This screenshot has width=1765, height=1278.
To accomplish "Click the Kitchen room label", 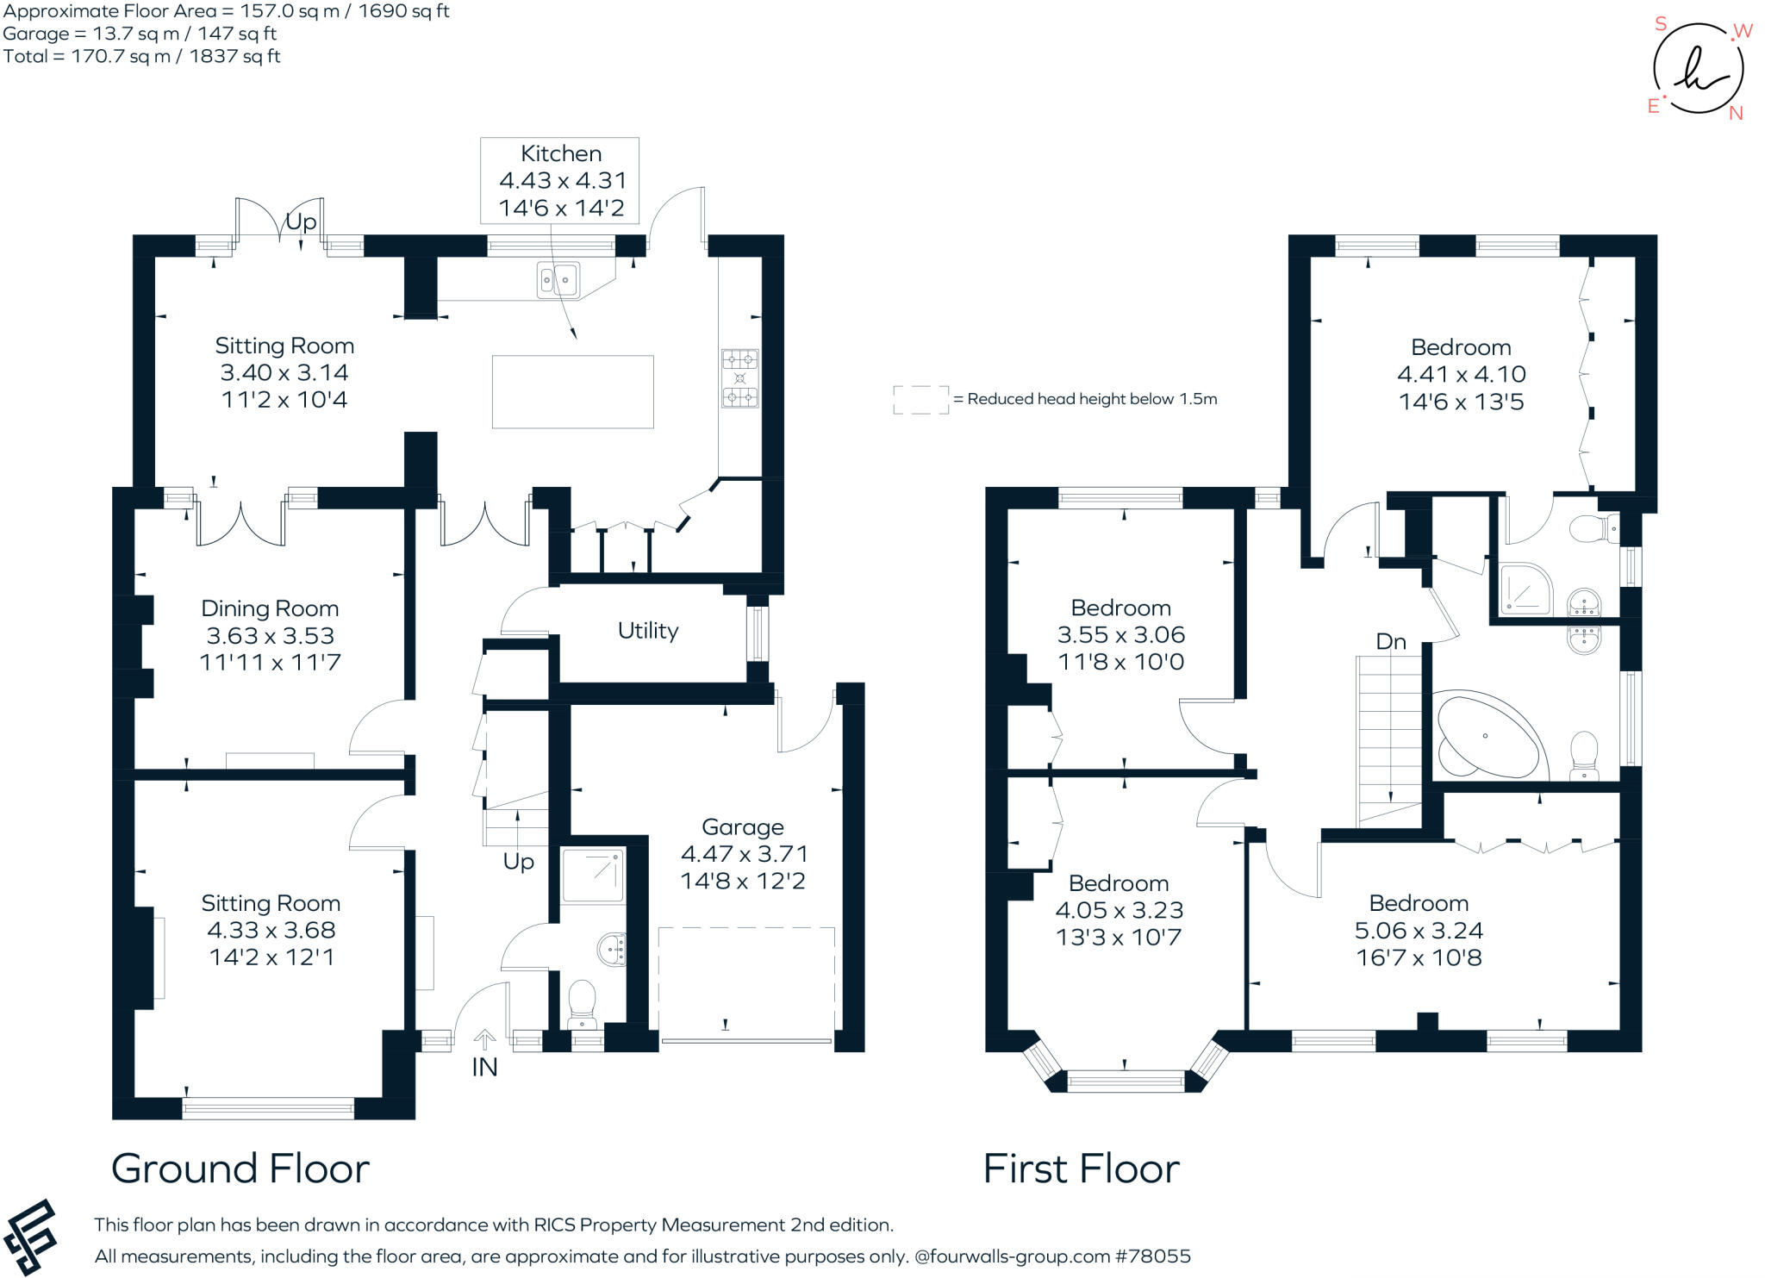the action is [560, 153].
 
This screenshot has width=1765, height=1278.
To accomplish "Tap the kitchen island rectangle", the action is [572, 391].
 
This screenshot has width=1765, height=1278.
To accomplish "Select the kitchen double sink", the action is [558, 278].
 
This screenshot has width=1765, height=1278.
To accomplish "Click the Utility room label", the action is [648, 631].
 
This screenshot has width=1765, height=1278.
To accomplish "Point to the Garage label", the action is [742, 827].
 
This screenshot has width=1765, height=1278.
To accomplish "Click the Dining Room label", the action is [270, 608].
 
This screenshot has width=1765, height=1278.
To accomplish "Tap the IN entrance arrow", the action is [484, 1039].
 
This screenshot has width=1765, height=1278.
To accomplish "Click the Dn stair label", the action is [1391, 642].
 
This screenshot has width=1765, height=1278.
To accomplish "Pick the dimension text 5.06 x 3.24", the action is [1419, 930].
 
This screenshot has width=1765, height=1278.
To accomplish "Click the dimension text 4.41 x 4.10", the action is [1461, 374].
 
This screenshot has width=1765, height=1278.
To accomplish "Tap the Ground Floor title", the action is [240, 1169].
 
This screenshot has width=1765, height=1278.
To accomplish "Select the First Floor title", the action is [1081, 1169].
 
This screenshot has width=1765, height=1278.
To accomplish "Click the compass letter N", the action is [1736, 114].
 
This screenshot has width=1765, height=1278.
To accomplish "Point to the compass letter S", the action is [1661, 24].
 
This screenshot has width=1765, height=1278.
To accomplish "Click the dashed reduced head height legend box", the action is [920, 400].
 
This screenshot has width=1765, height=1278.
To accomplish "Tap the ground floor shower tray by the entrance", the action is [592, 876].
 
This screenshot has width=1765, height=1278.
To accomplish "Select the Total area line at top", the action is [142, 56].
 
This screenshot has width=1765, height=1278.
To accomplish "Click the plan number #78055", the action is [1153, 1256].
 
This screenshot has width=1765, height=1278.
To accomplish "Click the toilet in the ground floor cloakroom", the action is [583, 1003].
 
